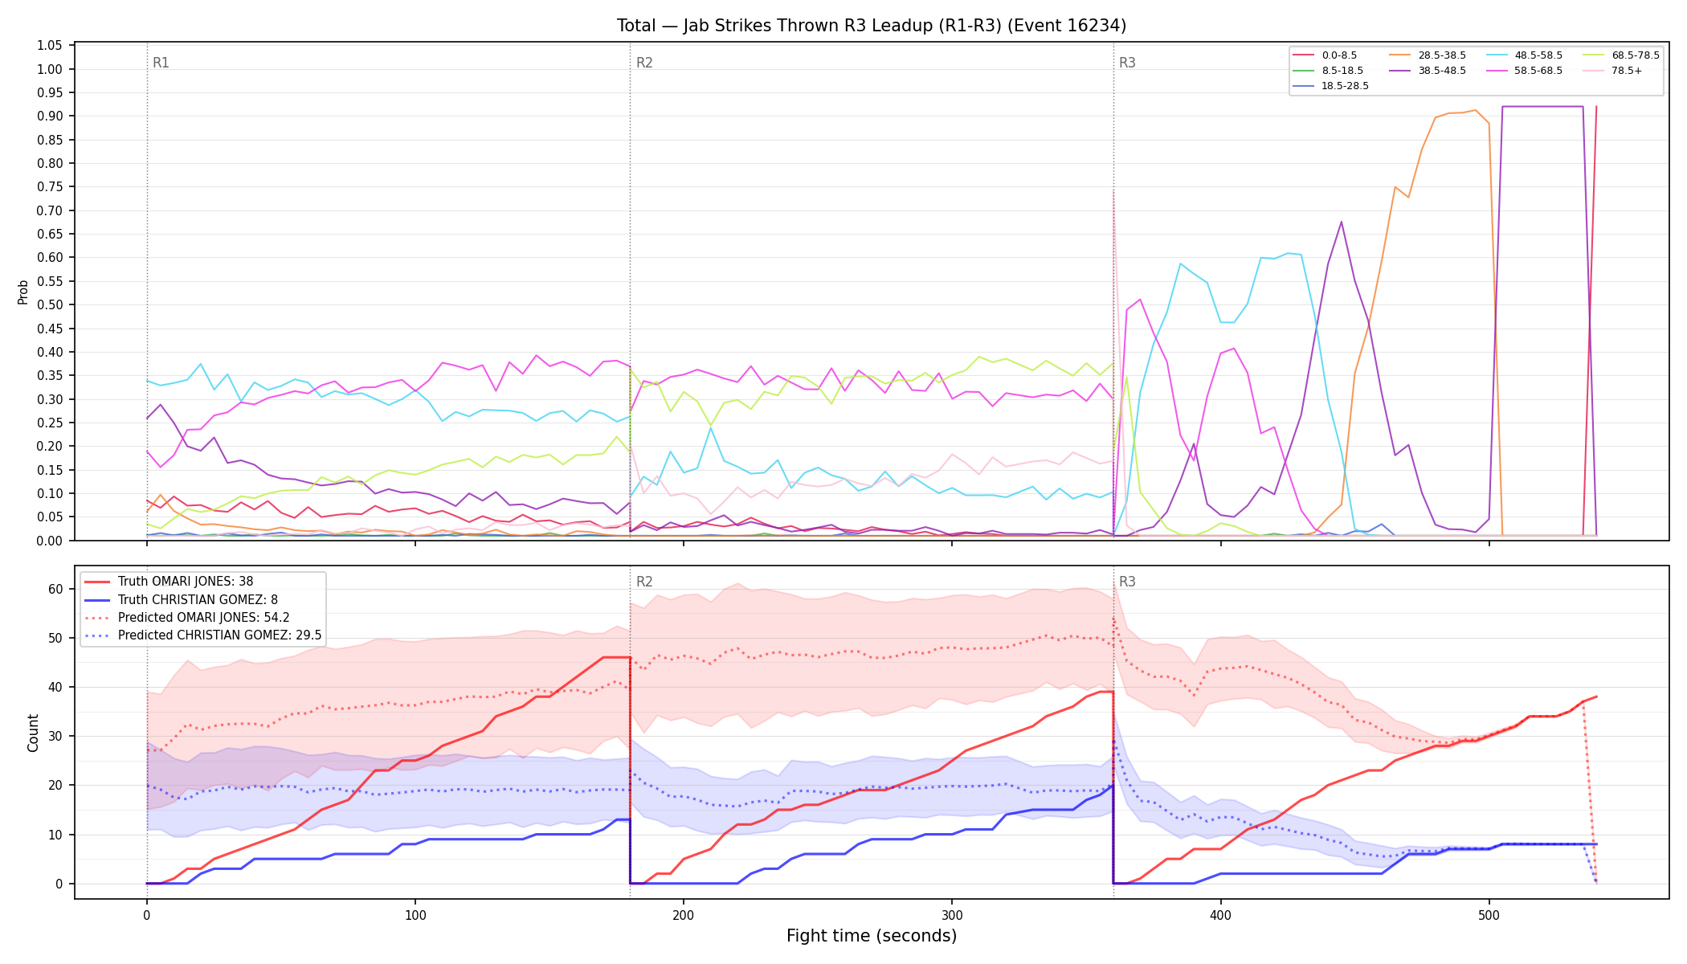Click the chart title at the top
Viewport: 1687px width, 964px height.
872,26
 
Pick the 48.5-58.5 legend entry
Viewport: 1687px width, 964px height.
1524,55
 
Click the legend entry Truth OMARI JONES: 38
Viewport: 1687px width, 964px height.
180,582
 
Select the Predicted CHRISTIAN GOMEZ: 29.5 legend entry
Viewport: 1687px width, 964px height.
202,635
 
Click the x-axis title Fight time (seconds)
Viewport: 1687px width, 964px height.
872,936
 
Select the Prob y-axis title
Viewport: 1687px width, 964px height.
22,292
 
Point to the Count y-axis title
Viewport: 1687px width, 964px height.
33,733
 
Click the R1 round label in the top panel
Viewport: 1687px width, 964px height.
161,63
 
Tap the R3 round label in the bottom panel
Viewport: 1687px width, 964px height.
1127,582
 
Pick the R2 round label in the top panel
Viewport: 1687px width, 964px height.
644,63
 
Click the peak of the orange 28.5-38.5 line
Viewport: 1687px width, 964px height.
1476,110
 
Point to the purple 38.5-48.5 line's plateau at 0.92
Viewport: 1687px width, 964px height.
1542,106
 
